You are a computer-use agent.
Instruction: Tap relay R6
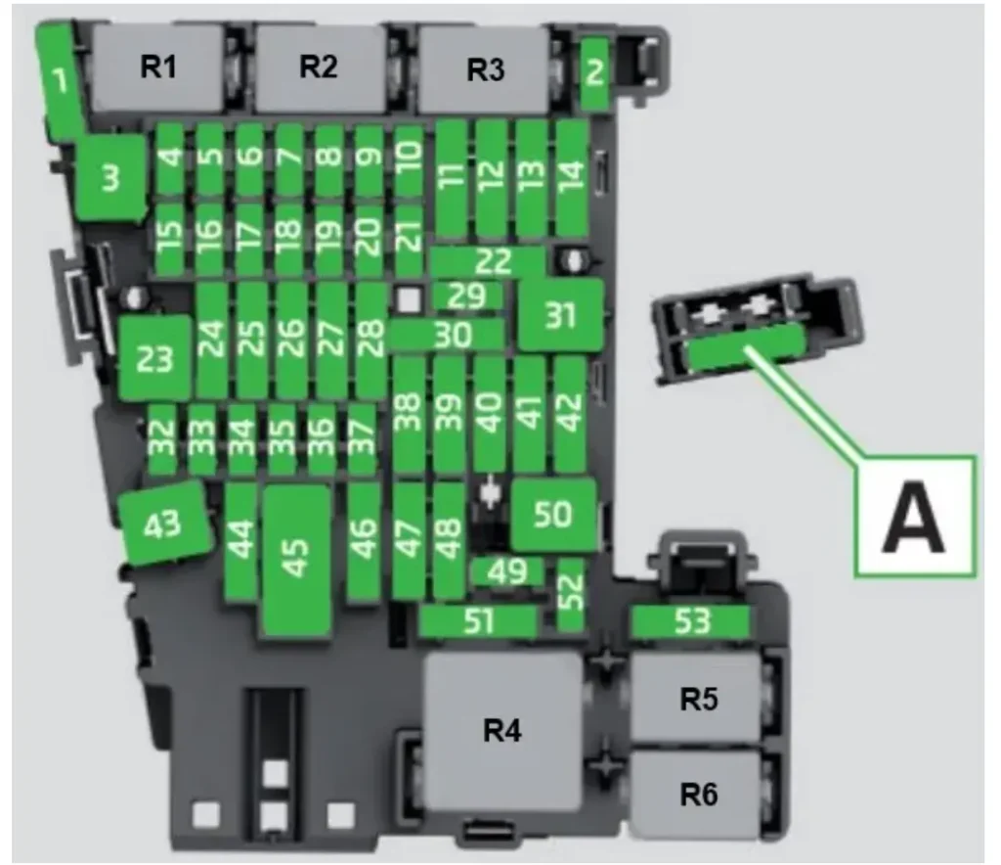point(697,795)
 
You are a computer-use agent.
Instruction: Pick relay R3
point(484,70)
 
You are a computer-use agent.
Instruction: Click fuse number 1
point(62,80)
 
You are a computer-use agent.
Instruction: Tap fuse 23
point(153,358)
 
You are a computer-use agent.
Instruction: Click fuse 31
point(560,315)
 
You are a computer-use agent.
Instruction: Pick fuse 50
point(553,514)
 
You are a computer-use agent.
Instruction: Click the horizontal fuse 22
point(487,261)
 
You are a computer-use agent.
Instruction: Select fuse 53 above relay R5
point(690,621)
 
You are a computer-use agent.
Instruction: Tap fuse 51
point(479,621)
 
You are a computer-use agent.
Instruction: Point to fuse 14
point(571,175)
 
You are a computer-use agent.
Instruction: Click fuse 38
point(409,413)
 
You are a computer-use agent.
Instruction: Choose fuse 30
point(445,335)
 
